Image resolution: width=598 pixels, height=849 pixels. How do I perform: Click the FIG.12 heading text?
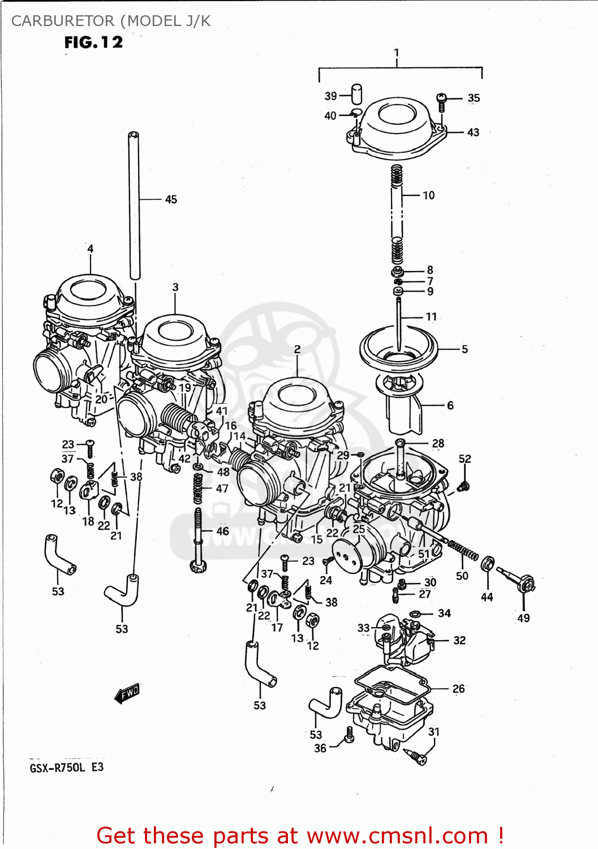pyautogui.click(x=93, y=42)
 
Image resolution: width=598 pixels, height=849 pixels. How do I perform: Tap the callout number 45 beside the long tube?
pyautogui.click(x=171, y=199)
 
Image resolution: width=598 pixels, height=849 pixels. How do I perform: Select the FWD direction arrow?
pyautogui.click(x=127, y=693)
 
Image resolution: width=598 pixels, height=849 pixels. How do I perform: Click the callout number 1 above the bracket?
pyautogui.click(x=397, y=53)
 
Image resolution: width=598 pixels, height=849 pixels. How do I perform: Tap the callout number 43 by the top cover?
pyautogui.click(x=473, y=132)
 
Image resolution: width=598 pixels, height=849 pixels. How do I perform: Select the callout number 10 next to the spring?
pyautogui.click(x=429, y=195)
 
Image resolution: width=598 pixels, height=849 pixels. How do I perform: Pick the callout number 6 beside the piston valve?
pyautogui.click(x=450, y=405)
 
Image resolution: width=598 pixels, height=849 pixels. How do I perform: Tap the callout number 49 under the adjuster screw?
pyautogui.click(x=523, y=618)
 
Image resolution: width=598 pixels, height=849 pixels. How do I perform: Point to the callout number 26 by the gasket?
pyautogui.click(x=458, y=689)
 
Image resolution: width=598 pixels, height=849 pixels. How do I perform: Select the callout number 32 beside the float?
pyautogui.click(x=459, y=640)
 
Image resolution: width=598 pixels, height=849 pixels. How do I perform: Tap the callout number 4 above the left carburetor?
pyautogui.click(x=90, y=248)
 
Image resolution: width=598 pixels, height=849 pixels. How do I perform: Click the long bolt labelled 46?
pyautogui.click(x=197, y=538)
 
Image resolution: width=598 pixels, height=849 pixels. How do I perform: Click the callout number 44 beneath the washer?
pyautogui.click(x=487, y=597)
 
